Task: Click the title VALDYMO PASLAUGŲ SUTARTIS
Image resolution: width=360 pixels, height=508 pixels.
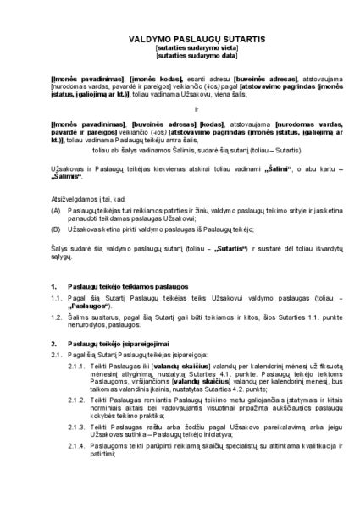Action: (x=180, y=39)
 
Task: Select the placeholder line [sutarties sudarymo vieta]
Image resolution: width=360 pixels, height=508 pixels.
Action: (x=180, y=48)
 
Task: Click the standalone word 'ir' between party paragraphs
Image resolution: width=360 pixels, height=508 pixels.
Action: (x=180, y=108)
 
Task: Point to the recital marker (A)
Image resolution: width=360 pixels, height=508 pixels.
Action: (x=57, y=209)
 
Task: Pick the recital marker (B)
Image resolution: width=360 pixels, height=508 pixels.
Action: (x=57, y=228)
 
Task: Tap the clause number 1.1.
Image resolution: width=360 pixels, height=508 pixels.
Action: (x=56, y=301)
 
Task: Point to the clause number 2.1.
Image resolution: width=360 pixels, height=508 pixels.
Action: (x=56, y=356)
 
